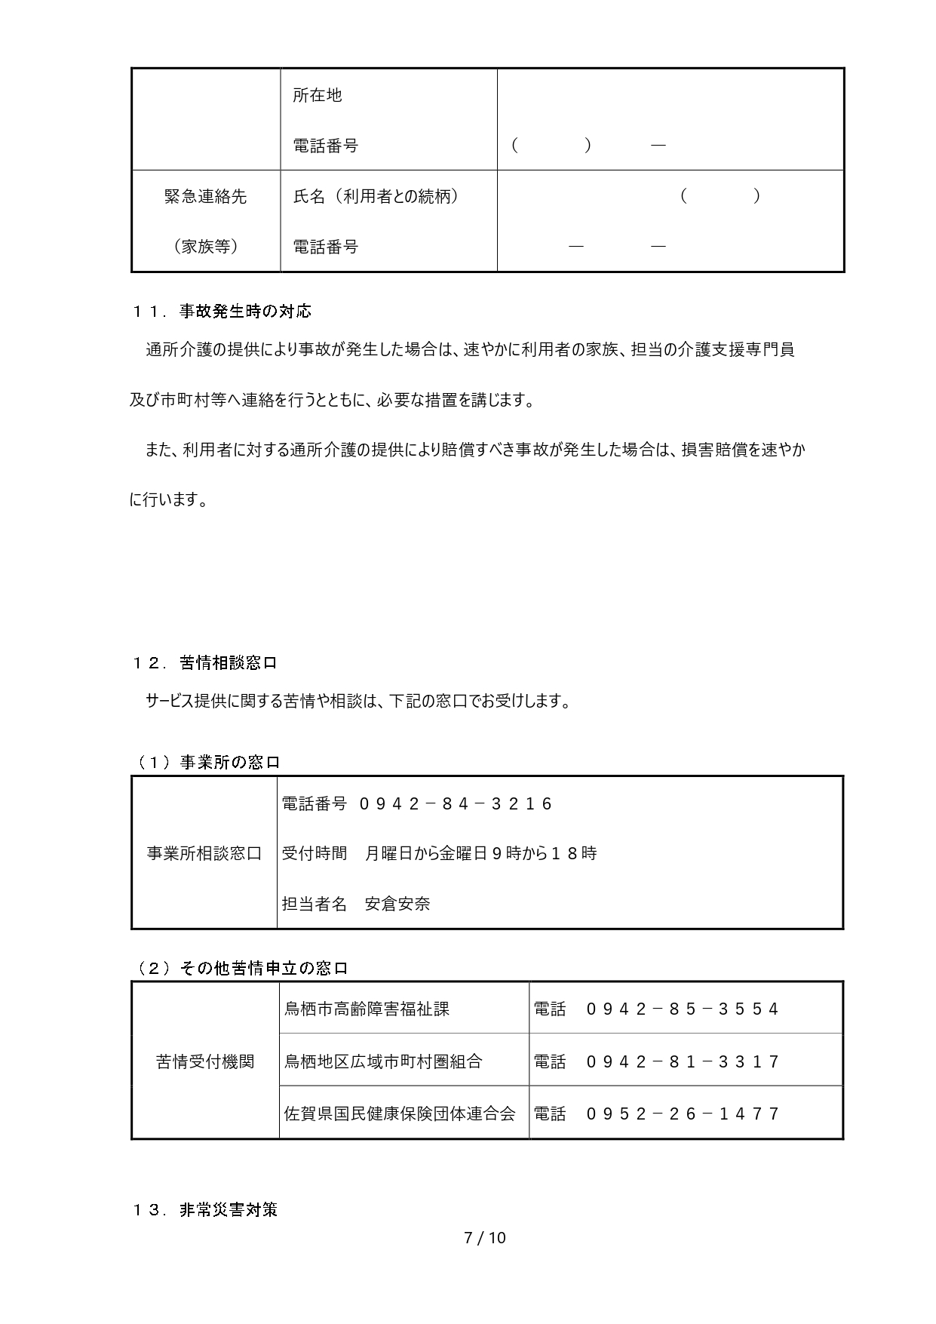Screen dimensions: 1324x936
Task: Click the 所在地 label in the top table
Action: pos(317,95)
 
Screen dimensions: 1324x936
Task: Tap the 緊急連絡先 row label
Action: pos(205,196)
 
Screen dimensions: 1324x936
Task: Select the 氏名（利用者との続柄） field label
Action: pos(376,196)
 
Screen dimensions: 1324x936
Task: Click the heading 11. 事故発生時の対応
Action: pos(222,311)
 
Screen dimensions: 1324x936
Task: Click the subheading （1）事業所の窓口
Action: pos(207,762)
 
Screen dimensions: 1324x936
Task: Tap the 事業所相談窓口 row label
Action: pos(204,853)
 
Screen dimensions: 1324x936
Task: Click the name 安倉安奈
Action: pos(397,904)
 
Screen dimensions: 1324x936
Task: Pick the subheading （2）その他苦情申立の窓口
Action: pos(241,969)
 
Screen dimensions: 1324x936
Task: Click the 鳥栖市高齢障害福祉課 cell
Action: pos(367,1009)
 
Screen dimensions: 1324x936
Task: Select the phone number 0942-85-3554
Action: pos(683,1009)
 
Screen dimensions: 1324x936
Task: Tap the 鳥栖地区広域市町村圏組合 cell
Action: pos(383,1061)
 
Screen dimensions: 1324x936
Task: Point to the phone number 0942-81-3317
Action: pos(683,1061)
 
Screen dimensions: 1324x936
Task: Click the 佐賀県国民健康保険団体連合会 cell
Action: pos(400,1114)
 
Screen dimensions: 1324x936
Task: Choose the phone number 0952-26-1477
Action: pos(683,1114)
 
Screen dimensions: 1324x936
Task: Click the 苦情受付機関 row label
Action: pos(205,1061)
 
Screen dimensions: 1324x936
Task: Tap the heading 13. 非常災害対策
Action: pos(205,1210)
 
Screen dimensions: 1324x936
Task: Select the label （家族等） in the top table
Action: pos(205,246)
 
